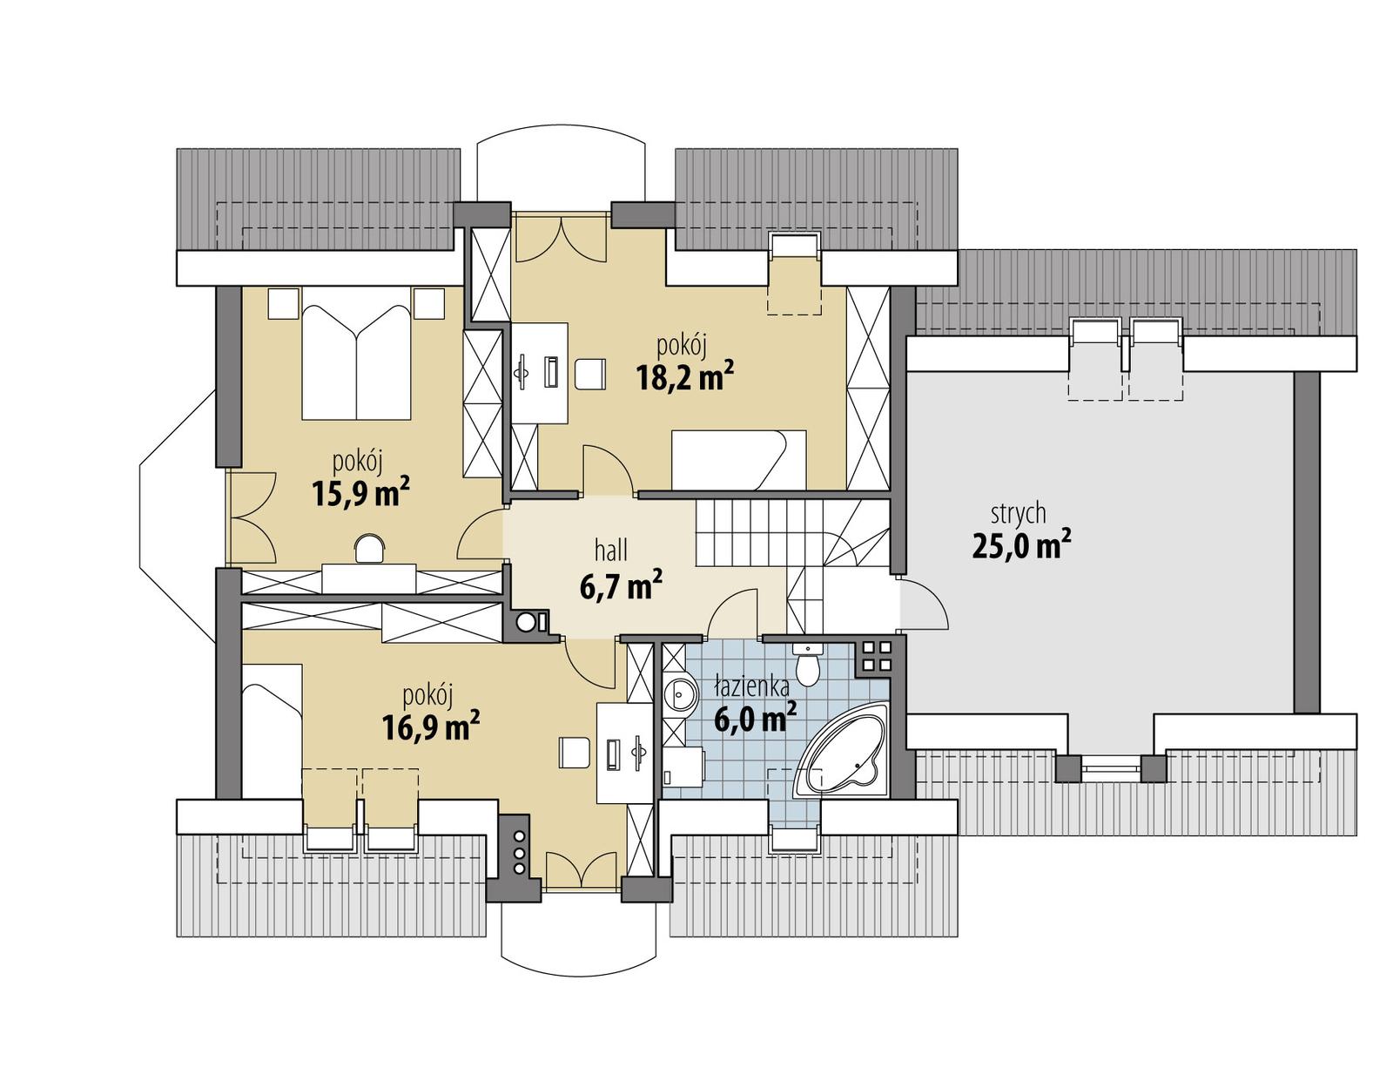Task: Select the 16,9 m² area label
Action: coord(431,727)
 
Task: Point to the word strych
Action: coord(1017,513)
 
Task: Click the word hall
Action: coord(611,551)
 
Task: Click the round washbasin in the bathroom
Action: coord(679,696)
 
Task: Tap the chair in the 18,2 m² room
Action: coord(589,374)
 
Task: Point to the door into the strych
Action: coord(921,605)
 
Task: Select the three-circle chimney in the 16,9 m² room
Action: coord(519,850)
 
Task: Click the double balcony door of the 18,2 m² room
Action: coord(561,239)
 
